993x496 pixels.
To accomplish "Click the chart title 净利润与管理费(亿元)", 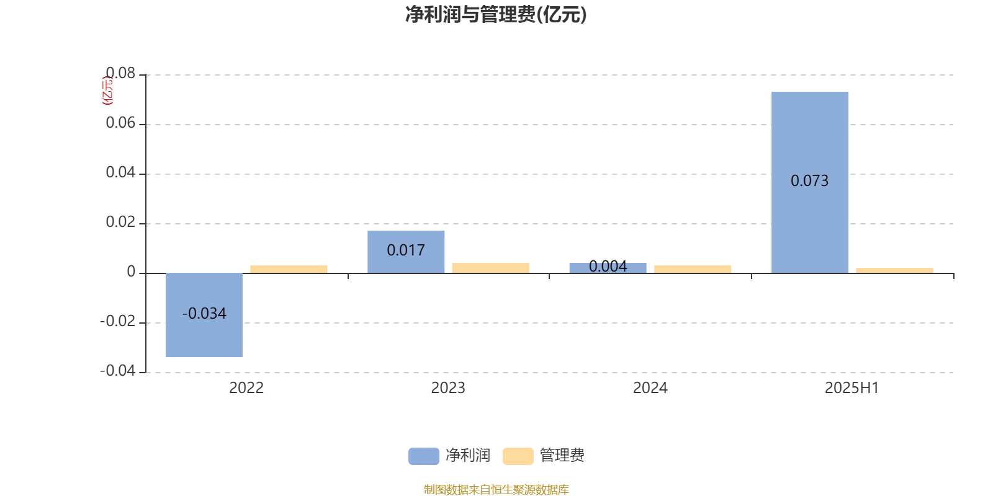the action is click(496, 14).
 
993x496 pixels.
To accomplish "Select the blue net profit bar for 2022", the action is click(204, 315).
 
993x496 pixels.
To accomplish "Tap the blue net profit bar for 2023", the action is click(406, 252).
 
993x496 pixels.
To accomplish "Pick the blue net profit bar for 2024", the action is click(608, 268).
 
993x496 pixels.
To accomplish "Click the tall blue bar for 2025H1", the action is click(810, 182).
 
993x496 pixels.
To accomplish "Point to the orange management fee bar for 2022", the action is click(289, 269).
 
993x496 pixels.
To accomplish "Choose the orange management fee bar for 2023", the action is click(491, 268).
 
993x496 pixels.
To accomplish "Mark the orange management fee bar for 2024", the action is click(693, 269).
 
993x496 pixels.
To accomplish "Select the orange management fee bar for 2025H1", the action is click(894, 270).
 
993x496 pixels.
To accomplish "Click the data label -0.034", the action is click(204, 314).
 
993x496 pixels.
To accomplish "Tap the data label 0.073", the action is click(809, 180).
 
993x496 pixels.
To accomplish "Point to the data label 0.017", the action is click(406, 250).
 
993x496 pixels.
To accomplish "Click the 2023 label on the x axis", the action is click(448, 388).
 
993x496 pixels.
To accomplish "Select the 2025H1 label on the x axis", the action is click(851, 388).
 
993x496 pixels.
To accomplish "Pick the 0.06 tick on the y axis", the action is click(120, 123).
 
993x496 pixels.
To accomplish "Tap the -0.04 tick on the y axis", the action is click(118, 371).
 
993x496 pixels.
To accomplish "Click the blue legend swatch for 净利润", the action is click(424, 456).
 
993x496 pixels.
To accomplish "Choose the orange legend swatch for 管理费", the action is click(518, 456).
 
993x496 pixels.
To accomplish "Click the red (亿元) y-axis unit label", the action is click(108, 91).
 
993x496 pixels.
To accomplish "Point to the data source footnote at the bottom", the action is click(496, 489).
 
